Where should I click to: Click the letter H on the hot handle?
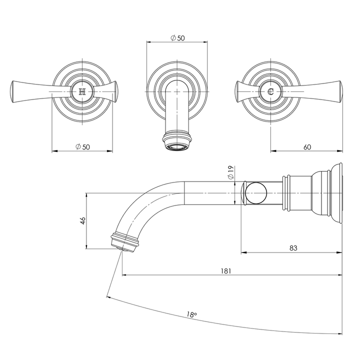(82, 92)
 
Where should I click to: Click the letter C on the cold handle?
(270, 92)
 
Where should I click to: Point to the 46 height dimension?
(82, 220)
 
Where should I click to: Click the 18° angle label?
(191, 315)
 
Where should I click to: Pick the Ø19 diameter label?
(230, 173)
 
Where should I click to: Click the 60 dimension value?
(307, 146)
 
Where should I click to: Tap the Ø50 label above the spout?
(177, 38)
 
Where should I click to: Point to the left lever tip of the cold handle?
(237, 92)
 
